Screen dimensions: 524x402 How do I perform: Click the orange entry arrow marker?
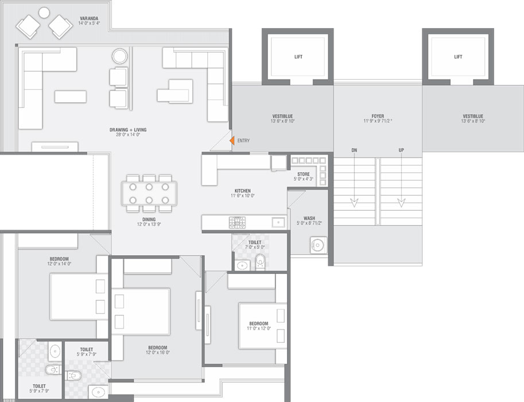[232, 141]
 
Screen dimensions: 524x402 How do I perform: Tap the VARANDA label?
[89, 18]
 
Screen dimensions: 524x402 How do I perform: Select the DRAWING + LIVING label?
[128, 130]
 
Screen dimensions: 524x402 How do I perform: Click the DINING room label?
[149, 219]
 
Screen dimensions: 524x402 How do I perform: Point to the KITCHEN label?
[243, 191]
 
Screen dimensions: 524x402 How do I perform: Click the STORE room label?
[304, 174]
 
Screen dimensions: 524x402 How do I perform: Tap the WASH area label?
[309, 218]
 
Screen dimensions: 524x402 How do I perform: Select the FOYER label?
[378, 116]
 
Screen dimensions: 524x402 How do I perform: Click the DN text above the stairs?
[354, 150]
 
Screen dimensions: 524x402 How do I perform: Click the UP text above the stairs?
[401, 150]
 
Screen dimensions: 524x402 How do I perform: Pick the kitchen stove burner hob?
[237, 222]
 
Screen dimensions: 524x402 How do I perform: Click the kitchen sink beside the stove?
[278, 222]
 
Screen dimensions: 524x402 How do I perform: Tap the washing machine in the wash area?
[319, 245]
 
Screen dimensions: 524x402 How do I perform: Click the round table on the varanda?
[44, 13]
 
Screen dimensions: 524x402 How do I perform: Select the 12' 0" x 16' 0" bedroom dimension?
[158, 353]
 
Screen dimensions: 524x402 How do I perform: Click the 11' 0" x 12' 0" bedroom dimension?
[259, 328]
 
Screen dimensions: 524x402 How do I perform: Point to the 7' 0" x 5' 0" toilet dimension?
[255, 247]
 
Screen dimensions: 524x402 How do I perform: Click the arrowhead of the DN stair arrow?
[354, 203]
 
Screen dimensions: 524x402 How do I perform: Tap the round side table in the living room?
[119, 56]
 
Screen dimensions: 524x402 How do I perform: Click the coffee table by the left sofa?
[71, 96]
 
